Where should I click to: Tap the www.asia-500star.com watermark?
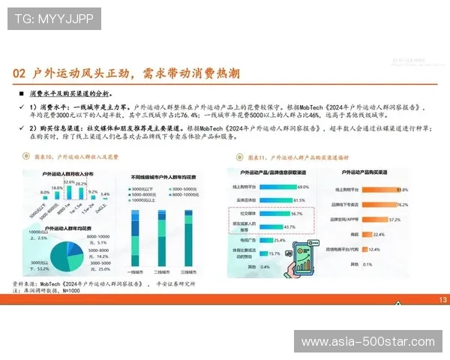pyautogui.click(x=367, y=342)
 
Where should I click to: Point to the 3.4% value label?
pyautogui.click(x=105, y=195)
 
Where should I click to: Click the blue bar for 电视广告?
pyautogui.click(x=268, y=240)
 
